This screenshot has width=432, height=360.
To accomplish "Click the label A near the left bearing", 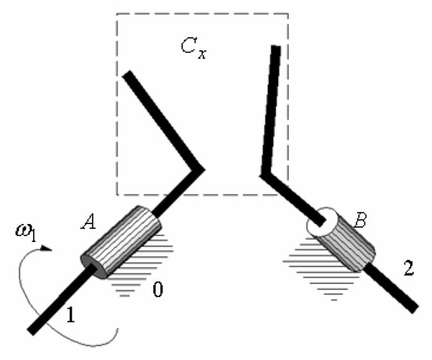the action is pyautogui.click(x=89, y=222).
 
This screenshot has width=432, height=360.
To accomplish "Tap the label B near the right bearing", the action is pyautogui.click(x=360, y=220).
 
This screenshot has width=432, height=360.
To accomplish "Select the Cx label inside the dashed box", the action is pyautogui.click(x=193, y=48).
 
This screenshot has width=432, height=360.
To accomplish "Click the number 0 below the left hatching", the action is pyautogui.click(x=158, y=290).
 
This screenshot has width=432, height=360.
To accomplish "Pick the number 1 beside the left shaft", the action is pyautogui.click(x=71, y=314).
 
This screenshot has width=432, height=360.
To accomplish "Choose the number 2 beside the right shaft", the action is pyautogui.click(x=408, y=268).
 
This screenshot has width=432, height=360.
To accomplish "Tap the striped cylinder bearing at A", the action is pyautogui.click(x=121, y=242).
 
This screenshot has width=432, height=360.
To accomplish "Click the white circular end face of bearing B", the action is pyautogui.click(x=321, y=222).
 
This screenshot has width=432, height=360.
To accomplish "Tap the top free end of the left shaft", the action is pyautogui.click(x=128, y=75).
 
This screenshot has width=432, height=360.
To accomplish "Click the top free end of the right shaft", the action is pyautogui.click(x=276, y=47).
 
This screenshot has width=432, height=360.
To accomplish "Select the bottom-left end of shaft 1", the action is pyautogui.click(x=31, y=332).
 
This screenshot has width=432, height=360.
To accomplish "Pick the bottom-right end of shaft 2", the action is pyautogui.click(x=416, y=309).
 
